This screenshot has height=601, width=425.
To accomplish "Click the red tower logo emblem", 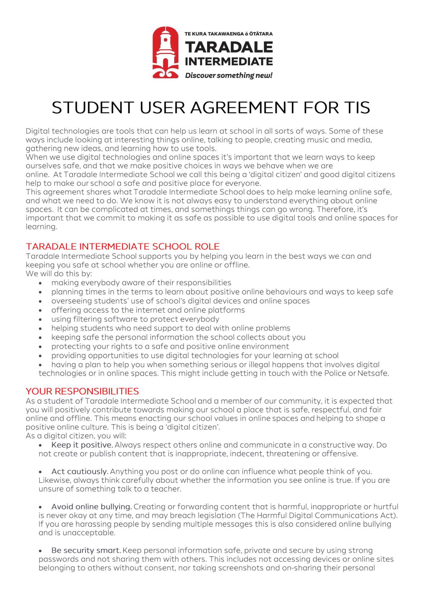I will [x=165, y=53].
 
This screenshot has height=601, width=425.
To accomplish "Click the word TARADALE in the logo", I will [x=229, y=47].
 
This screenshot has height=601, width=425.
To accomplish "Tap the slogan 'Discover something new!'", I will [x=229, y=75].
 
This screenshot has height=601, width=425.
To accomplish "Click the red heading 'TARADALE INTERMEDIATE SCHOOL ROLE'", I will [x=123, y=246].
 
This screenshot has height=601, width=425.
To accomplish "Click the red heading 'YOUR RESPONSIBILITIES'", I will [x=82, y=391].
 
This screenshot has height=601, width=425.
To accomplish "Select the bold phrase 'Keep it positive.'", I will [x=82, y=445].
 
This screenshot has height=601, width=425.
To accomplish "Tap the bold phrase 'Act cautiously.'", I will [x=80, y=471].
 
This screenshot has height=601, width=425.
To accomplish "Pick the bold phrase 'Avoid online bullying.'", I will [x=92, y=507].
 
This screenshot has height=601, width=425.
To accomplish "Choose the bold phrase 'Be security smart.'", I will [x=86, y=550].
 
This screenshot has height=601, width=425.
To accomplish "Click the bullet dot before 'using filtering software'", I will [x=40, y=319].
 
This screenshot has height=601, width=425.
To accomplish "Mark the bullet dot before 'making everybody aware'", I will [x=40, y=283].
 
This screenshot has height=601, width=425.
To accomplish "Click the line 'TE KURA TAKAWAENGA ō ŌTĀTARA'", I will [x=229, y=34].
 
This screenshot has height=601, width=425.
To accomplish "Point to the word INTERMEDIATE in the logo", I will [x=229, y=61].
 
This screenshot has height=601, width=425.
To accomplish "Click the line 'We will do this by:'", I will [x=59, y=273].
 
